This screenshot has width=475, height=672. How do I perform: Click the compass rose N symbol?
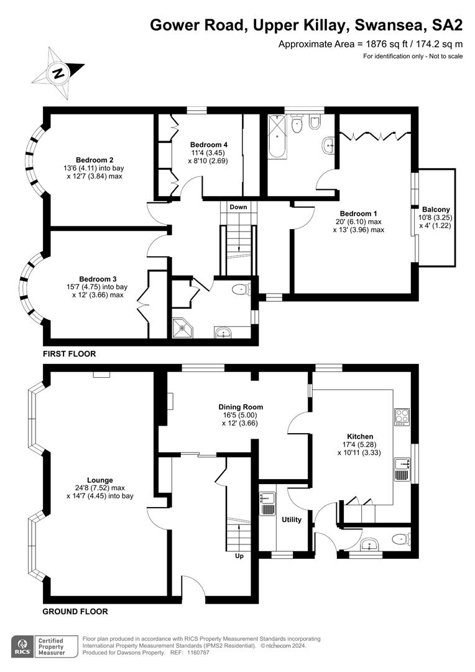click(x=58, y=73)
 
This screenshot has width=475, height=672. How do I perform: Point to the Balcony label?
click(x=436, y=210)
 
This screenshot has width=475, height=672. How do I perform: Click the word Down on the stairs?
click(x=238, y=207)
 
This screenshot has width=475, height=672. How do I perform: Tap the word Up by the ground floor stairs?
click(x=239, y=556)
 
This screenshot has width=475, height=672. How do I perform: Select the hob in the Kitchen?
click(x=402, y=416)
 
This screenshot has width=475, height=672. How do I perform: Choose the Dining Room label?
click(x=241, y=407)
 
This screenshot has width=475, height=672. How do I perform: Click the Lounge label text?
click(x=100, y=480)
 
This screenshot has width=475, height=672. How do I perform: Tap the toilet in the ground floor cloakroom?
click(x=402, y=538)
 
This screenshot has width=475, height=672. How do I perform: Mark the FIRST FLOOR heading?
click(x=69, y=354)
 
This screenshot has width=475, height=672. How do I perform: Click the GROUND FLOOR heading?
click(x=75, y=612)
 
